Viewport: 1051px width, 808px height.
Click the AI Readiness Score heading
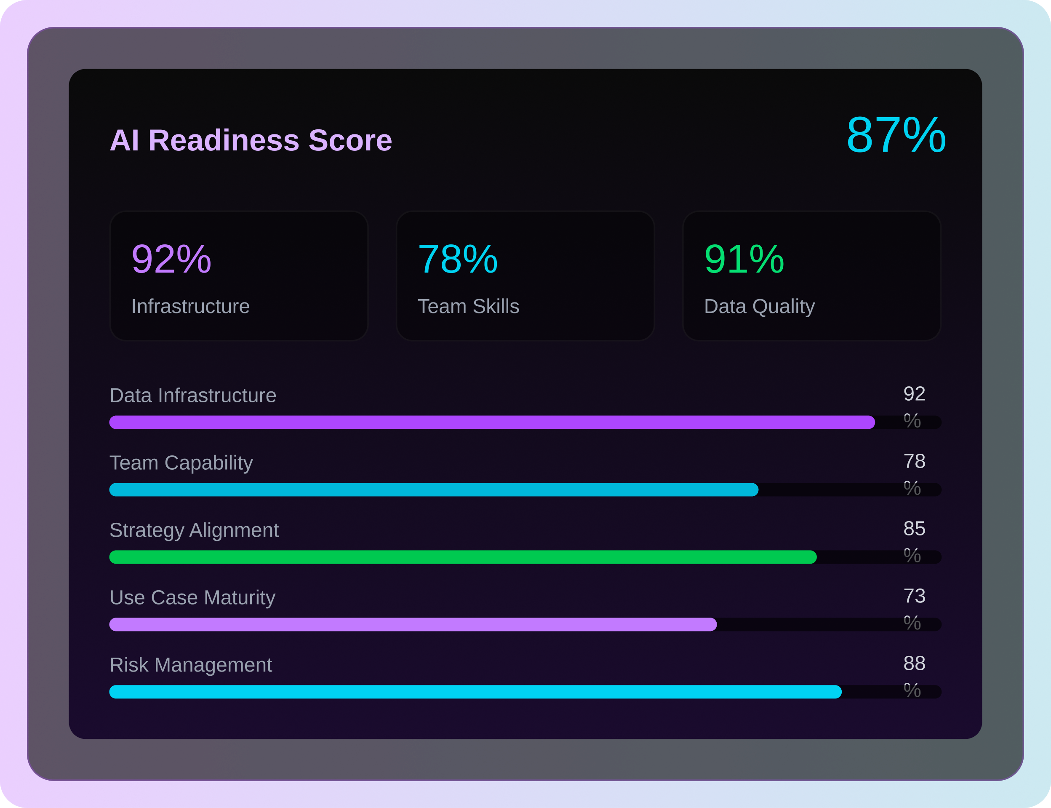click(x=251, y=140)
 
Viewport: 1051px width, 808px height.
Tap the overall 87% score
click(x=896, y=135)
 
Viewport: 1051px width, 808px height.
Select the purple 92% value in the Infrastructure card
click(x=171, y=259)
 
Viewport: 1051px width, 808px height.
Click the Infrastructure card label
click(x=190, y=306)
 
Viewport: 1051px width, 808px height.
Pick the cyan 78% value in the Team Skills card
click(x=457, y=259)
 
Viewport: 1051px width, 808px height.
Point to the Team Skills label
click(x=468, y=306)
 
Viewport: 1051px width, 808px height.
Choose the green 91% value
click(x=744, y=259)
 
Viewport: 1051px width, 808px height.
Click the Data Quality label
click(x=759, y=306)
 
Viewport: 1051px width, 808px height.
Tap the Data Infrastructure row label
click(x=193, y=395)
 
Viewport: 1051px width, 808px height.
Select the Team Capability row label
click(x=181, y=463)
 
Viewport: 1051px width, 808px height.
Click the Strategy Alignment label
click(x=194, y=530)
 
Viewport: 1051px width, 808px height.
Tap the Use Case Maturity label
click(x=192, y=597)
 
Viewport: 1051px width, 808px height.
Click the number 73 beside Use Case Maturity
click(x=914, y=596)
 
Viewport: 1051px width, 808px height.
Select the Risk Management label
click(x=190, y=665)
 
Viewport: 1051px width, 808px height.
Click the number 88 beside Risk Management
click(x=914, y=663)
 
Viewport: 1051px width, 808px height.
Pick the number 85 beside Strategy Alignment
click(x=914, y=529)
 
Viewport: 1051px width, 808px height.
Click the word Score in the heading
click(x=350, y=140)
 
